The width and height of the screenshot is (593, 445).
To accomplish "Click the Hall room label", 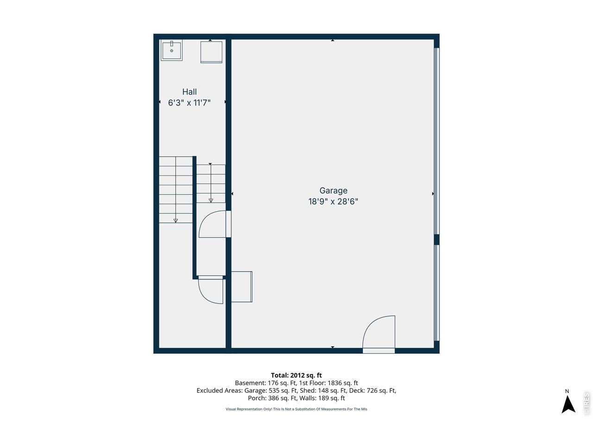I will coord(189,92).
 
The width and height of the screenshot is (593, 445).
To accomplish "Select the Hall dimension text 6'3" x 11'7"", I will coord(189,103).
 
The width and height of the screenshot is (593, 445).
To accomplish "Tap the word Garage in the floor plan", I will coord(333,191).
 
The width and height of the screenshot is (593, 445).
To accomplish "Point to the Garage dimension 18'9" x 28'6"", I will coord(333,202).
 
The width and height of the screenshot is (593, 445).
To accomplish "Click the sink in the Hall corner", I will coord(171,50).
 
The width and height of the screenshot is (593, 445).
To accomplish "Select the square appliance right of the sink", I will coord(211,52).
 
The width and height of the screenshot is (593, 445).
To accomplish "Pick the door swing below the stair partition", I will coord(211,290).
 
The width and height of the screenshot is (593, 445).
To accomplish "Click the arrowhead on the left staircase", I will coord(176,221).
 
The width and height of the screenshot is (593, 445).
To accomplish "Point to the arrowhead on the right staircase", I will coord(211,200).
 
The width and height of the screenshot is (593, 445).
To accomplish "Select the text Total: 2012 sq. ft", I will coord(296,375).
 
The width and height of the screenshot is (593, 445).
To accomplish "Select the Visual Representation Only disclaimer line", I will coord(296,409).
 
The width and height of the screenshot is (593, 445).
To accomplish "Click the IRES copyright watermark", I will coord(587,403).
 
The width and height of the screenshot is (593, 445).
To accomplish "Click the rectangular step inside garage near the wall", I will coord(242,287).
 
